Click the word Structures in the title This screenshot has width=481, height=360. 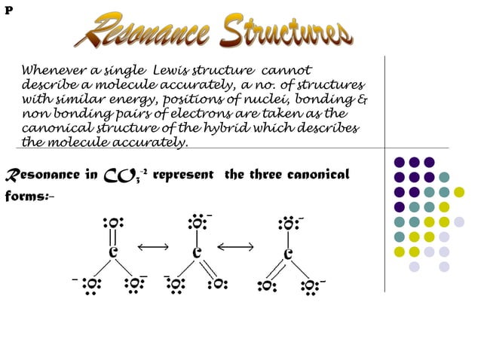(286, 30)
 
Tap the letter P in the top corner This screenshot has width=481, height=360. (8, 10)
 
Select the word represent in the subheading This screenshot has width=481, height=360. (185, 175)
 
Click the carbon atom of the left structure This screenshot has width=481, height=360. (112, 252)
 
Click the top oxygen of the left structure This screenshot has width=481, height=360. (112, 223)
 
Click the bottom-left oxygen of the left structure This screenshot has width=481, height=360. (90, 285)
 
